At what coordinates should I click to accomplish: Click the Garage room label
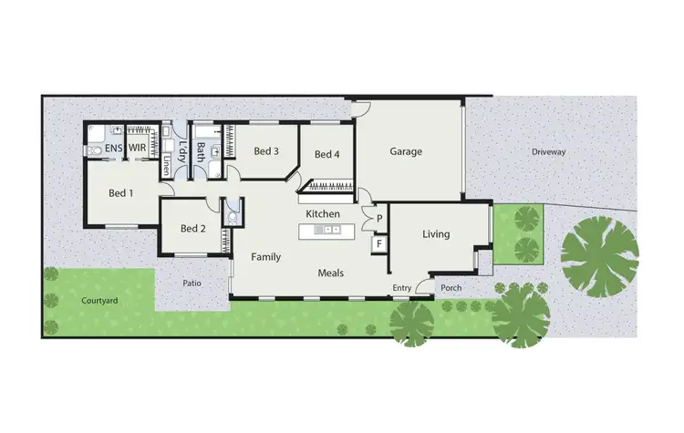click(406, 151)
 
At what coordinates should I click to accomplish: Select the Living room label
click(436, 234)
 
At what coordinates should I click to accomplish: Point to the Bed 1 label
click(121, 193)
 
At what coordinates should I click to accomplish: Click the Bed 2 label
click(192, 229)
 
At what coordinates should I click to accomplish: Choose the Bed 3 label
click(265, 151)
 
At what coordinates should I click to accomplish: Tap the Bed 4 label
click(326, 154)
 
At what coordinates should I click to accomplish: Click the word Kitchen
click(323, 214)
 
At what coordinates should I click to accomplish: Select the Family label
click(265, 258)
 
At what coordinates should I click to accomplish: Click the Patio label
click(192, 284)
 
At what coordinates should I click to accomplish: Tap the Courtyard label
click(98, 300)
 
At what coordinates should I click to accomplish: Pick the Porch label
click(451, 288)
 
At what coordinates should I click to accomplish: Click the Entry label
click(402, 288)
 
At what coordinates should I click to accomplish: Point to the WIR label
click(138, 147)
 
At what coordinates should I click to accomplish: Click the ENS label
click(113, 147)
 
